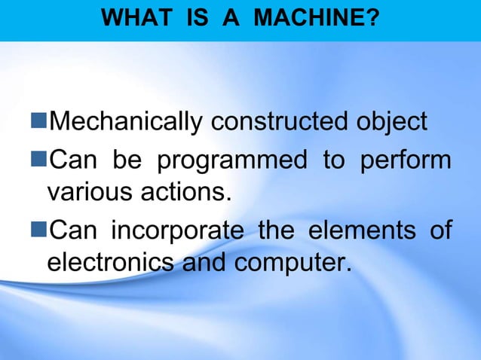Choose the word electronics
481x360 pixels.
tap(107, 265)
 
